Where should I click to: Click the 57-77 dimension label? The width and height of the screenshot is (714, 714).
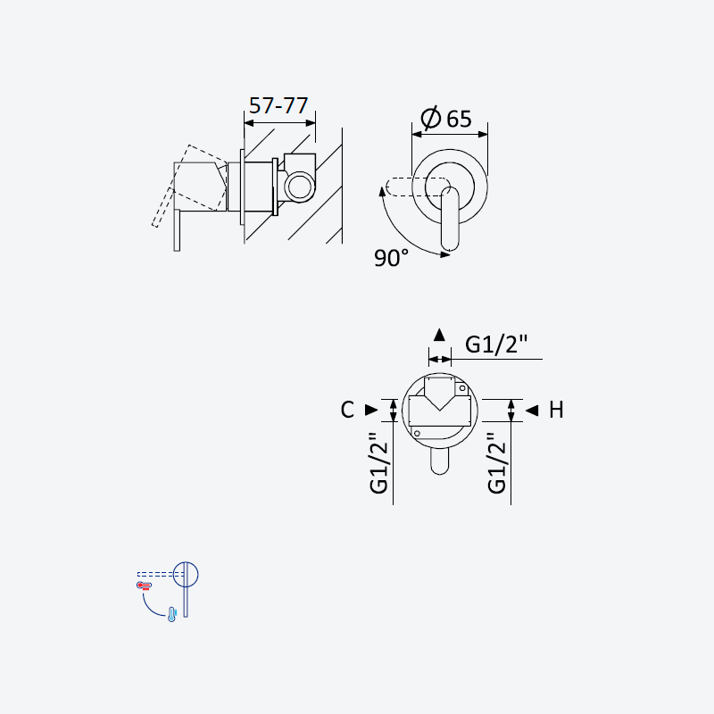point(278,105)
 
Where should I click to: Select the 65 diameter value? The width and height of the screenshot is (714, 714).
point(459,120)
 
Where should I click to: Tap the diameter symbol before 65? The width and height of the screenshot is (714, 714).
point(431,118)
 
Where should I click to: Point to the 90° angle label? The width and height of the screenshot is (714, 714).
point(391,258)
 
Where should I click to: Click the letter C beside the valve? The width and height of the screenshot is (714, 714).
point(347,410)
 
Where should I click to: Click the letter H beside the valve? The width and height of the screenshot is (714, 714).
point(556,410)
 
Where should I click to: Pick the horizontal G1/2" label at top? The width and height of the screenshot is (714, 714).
point(496,344)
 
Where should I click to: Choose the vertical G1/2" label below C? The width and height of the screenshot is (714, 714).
point(378,463)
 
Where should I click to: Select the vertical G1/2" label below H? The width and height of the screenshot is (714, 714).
point(497,463)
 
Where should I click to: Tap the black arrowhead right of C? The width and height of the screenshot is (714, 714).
point(371,410)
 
